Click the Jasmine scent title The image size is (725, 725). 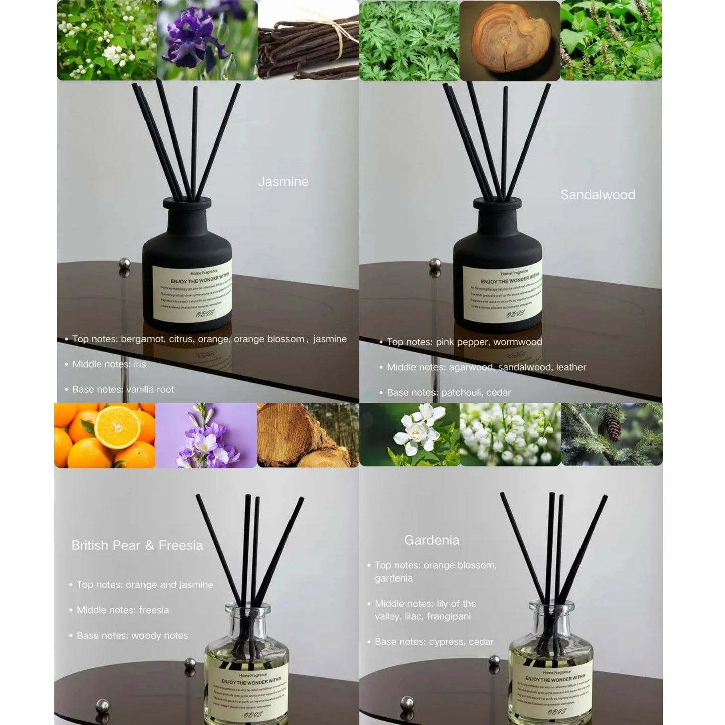pyautogui.click(x=283, y=182)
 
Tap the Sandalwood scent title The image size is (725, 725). pyautogui.click(x=598, y=195)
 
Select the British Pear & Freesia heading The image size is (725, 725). pyautogui.click(x=137, y=545)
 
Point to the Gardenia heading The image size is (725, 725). pyautogui.click(x=431, y=540)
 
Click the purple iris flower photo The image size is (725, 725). pyautogui.click(x=207, y=40)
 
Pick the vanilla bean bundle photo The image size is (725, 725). pyautogui.click(x=308, y=40)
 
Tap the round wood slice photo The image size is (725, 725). pyautogui.click(x=509, y=40)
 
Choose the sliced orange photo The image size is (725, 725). pyautogui.click(x=104, y=436)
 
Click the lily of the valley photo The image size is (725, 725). pyautogui.click(x=510, y=436)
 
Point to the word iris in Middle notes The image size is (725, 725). pyautogui.click(x=140, y=364)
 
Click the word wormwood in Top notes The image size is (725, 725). pyautogui.click(x=517, y=342)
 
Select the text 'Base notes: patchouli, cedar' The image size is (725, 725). pyautogui.click(x=449, y=393)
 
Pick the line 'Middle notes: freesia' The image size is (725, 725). pyautogui.click(x=122, y=610)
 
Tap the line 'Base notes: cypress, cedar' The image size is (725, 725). pyautogui.click(x=434, y=642)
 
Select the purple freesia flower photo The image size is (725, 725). pyautogui.click(x=206, y=436)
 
